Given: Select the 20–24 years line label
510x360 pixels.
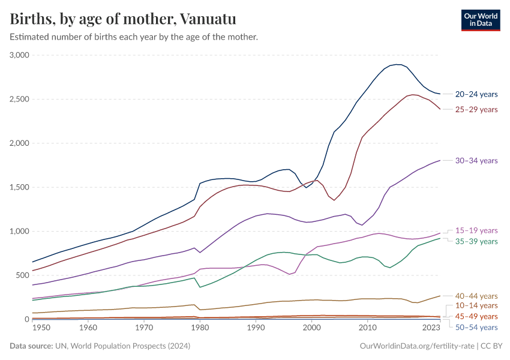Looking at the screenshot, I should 476,94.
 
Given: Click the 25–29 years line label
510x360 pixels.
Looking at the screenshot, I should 476,109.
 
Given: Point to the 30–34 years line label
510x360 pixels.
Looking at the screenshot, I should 476,160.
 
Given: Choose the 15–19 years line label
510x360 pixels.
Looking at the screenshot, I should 476,230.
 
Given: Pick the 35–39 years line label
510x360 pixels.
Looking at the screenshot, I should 476,241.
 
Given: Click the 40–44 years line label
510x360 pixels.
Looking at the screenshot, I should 476,296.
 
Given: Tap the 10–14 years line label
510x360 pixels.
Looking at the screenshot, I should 476,306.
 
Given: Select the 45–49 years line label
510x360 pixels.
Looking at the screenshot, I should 476,316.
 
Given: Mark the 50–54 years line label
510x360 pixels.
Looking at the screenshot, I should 476,327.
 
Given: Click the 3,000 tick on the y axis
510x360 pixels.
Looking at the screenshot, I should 19,55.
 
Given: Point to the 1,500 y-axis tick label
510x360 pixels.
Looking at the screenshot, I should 19,187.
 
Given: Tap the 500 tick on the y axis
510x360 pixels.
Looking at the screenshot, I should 23,275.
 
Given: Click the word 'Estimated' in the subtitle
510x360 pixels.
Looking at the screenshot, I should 30,37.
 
